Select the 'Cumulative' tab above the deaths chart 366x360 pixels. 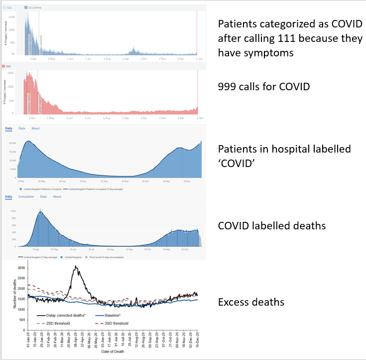point(26,196)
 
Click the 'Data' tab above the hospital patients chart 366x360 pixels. point(22,129)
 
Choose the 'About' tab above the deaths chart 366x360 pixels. point(57,196)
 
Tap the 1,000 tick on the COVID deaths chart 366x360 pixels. point(12,211)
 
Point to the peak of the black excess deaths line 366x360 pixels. point(75,267)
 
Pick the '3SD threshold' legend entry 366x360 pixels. point(115,323)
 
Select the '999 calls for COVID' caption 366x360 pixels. point(264,87)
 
